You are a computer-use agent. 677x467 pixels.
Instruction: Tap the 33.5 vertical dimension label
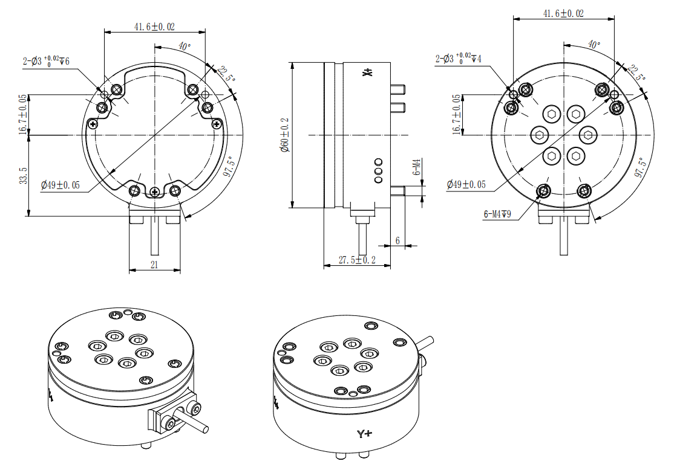click(22, 176)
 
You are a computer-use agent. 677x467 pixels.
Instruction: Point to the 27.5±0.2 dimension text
click(356, 260)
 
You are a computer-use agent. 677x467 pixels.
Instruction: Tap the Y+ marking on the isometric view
click(364, 434)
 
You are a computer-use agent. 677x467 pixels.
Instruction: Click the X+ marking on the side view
click(367, 73)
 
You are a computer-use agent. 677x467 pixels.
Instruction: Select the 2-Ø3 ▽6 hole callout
click(46, 60)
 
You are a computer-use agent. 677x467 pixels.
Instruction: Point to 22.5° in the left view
click(226, 76)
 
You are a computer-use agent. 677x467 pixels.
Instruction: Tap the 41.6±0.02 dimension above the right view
click(563, 13)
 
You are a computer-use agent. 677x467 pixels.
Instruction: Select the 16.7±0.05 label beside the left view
click(22, 114)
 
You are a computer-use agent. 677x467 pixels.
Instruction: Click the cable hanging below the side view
click(363, 239)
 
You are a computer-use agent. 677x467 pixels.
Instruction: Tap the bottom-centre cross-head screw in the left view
click(155, 192)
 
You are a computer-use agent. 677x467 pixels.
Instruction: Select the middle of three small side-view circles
click(379, 171)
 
